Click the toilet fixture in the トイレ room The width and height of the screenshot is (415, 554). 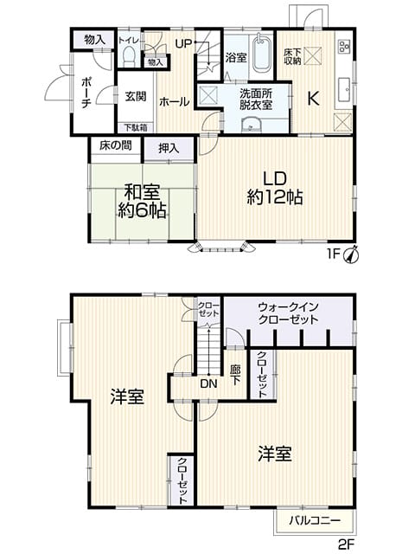click(129, 55)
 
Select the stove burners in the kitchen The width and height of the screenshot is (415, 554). click(344, 46)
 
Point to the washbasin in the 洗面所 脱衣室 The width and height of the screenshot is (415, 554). click(251, 124)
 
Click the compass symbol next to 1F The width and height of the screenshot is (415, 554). click(352, 254)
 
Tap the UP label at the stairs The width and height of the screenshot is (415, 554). click(183, 44)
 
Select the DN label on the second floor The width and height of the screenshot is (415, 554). click(208, 383)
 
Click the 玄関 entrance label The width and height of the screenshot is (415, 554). click(136, 96)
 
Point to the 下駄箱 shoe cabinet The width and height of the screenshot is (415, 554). click(136, 127)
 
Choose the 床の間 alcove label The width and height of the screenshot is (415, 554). click(116, 145)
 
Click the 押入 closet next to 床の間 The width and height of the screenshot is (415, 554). click(169, 148)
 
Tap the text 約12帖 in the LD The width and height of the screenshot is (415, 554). click(275, 197)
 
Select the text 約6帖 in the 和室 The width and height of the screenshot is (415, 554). click(142, 210)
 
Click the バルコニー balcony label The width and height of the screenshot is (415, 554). click(315, 520)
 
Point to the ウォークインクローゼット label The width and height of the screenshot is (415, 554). click(288, 313)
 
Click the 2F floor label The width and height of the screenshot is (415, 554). click(346, 544)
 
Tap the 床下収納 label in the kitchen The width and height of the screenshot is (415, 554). click(292, 56)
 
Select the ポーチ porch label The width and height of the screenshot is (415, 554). click(86, 93)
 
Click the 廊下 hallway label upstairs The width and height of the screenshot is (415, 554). click(236, 375)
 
